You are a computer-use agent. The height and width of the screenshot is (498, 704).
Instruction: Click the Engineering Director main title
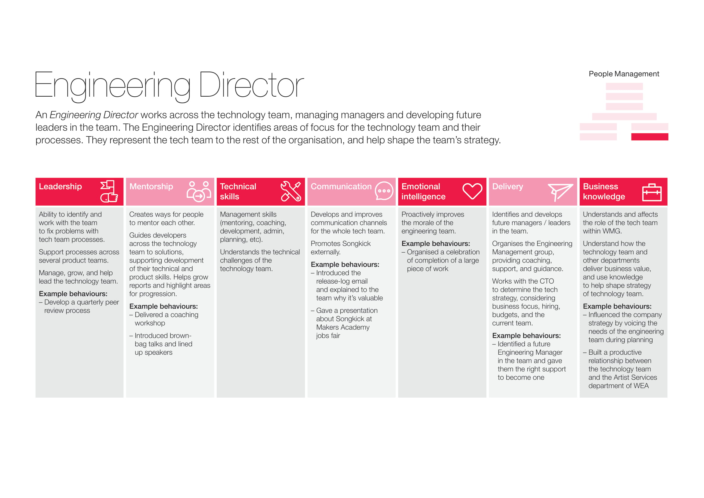coord(169,85)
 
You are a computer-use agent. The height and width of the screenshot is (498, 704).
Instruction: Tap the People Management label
coord(624,74)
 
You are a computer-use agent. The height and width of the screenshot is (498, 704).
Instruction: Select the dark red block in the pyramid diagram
coord(650,137)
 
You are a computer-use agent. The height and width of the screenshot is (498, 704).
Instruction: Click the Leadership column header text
coord(60,186)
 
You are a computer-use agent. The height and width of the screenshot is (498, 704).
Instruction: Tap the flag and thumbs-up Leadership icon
coord(109,191)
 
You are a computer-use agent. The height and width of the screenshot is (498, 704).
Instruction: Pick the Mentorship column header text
coord(151,186)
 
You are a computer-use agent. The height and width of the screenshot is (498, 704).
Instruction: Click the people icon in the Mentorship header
coord(199,191)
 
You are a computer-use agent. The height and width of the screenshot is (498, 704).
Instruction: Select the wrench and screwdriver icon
coord(291,191)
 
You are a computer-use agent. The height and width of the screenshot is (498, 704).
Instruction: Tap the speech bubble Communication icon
coord(383,191)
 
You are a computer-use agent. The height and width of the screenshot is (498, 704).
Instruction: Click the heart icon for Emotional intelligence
coord(472,191)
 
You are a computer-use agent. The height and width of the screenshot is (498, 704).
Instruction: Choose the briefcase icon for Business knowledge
coord(652,192)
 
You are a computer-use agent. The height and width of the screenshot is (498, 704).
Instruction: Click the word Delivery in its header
coord(507,186)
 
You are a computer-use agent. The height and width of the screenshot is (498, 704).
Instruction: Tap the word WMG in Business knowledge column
coord(611,231)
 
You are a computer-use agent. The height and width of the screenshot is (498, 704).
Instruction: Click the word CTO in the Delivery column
coord(547,281)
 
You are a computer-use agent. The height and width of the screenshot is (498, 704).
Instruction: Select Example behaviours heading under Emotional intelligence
coord(436,244)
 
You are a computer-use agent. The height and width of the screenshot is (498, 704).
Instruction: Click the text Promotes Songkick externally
coord(340,248)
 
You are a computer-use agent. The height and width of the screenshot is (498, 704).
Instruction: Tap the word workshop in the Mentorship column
coord(150,323)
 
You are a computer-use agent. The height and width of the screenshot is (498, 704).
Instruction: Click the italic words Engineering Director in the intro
coord(94,115)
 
